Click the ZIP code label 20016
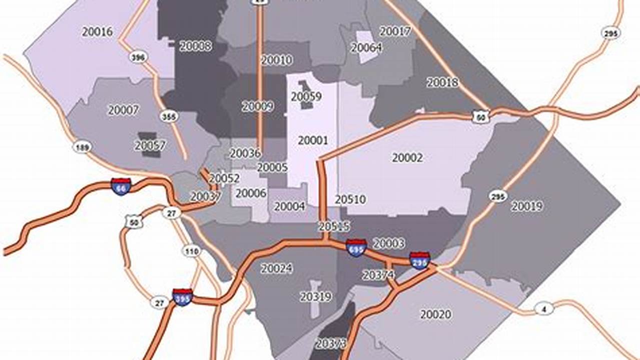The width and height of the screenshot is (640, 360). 97,31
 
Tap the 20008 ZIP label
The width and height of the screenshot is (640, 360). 196,46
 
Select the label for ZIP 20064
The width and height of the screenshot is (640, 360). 366,47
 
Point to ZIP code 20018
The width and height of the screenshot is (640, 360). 442,82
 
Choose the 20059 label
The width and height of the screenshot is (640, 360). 306,96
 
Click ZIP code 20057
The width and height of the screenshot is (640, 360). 150,145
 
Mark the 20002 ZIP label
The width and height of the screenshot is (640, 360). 407,157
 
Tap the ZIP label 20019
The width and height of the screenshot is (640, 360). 527,206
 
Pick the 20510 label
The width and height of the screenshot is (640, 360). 350,199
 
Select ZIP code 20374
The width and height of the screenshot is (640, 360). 378,274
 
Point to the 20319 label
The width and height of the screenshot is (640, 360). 316,297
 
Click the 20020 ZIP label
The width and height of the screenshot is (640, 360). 435,314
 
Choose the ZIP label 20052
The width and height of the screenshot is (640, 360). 224,178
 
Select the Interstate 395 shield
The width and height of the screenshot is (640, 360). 182,297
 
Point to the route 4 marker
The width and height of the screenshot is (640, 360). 544,308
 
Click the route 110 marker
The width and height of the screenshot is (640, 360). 192,251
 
